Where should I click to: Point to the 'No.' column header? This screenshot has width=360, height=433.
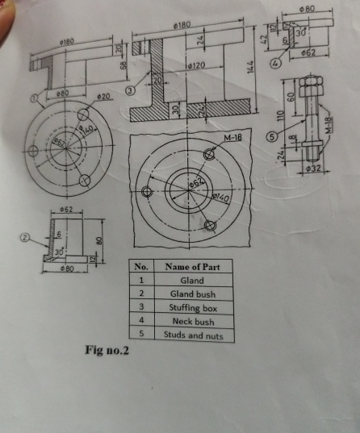141,267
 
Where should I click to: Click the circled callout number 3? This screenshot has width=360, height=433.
129,94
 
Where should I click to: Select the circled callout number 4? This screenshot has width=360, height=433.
278,62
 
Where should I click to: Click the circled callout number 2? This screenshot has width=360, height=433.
25,239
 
